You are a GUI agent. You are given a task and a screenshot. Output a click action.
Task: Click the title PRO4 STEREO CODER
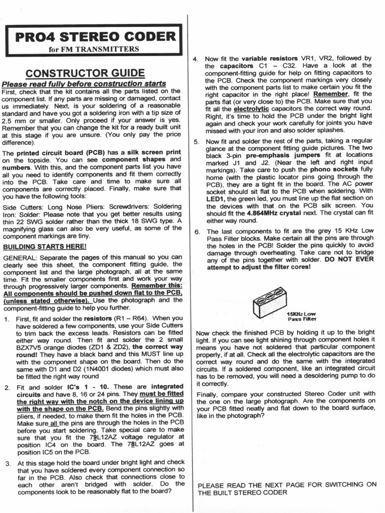pyautogui.click(x=95, y=37)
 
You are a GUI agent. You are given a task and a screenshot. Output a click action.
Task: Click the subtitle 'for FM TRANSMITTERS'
pyautogui.click(x=94, y=49)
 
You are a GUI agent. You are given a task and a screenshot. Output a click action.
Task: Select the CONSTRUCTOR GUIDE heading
pyautogui.click(x=85, y=73)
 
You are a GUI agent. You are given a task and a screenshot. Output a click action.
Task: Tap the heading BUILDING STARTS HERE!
pyautogui.click(x=45, y=246)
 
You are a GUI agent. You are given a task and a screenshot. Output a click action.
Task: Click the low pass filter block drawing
pyautogui.click(x=270, y=302)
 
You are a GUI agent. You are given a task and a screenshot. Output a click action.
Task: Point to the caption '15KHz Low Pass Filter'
pyautogui.click(x=302, y=316)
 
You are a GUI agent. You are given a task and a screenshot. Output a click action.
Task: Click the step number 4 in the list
pyautogui.click(x=197, y=59)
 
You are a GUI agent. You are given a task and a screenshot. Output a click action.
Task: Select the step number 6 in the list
pyautogui.click(x=197, y=231)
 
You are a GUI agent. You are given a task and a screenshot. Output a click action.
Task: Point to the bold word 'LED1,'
pyautogui.click(x=217, y=198)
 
